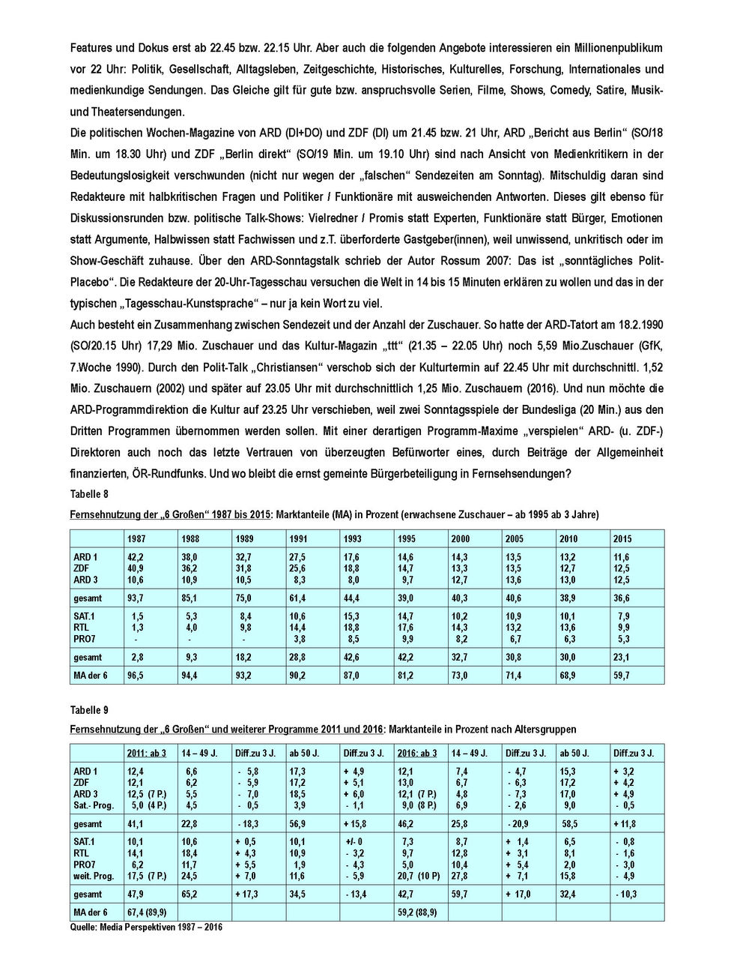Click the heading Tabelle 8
tap(89, 494)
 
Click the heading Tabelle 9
tap(89, 709)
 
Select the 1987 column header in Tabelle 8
tap(136, 538)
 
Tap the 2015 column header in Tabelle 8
tap(622, 538)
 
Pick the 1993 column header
tap(352, 538)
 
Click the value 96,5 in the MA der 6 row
tap(136, 675)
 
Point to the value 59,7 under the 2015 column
tap(622, 675)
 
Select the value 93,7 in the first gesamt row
tap(136, 598)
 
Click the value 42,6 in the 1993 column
tap(352, 657)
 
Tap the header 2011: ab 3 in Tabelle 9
tap(147, 753)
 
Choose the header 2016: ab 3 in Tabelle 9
tap(417, 753)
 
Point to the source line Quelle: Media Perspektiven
tap(146, 927)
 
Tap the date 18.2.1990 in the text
tap(638, 325)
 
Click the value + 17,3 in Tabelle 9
tap(249, 894)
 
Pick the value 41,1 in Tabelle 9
tap(136, 823)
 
